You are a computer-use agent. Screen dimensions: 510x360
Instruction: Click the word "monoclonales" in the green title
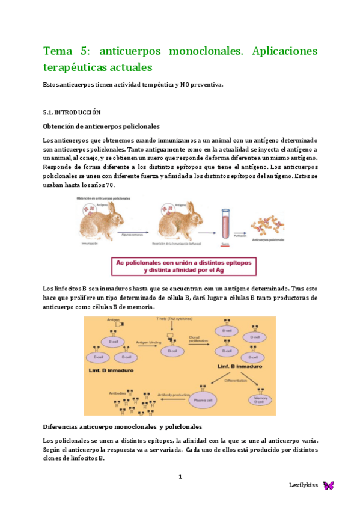198,51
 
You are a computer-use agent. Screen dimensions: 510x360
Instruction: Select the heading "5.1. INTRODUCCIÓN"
72,112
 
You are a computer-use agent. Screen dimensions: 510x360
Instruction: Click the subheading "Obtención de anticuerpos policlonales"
101,126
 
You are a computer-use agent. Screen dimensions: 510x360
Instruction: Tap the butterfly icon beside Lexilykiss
328,485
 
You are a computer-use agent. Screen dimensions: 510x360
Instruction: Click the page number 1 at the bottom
180,477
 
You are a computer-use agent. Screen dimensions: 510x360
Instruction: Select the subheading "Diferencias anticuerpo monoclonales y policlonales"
123,426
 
